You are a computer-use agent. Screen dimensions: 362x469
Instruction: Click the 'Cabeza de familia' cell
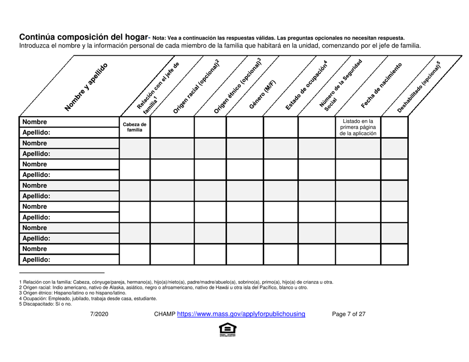pyautogui.click(x=134, y=127)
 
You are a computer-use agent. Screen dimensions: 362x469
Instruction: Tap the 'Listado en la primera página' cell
pyautogui.click(x=357, y=127)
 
